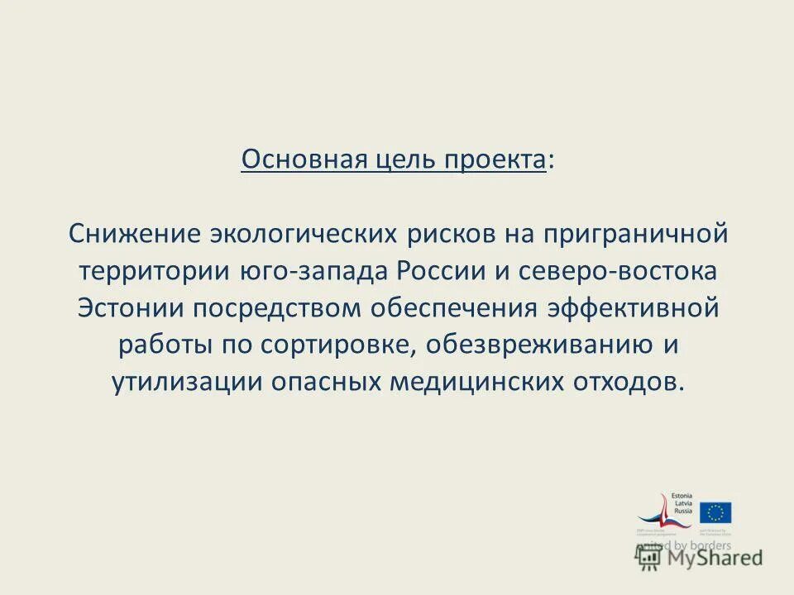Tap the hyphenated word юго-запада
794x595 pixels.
coord(313,271)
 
